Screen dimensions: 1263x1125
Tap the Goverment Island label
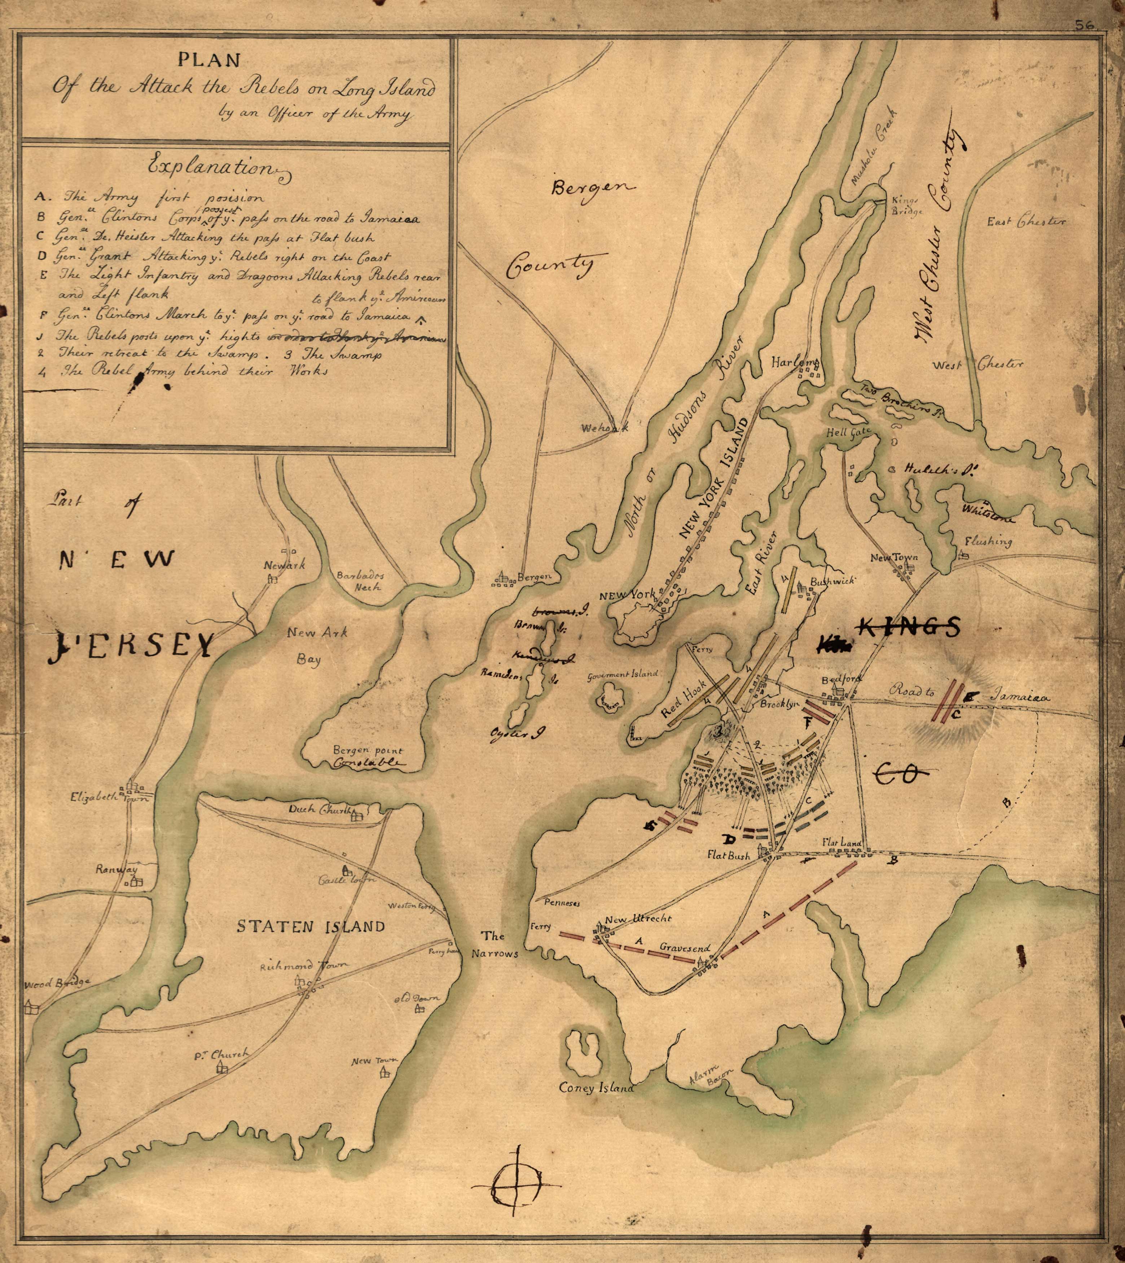pos(624,674)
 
